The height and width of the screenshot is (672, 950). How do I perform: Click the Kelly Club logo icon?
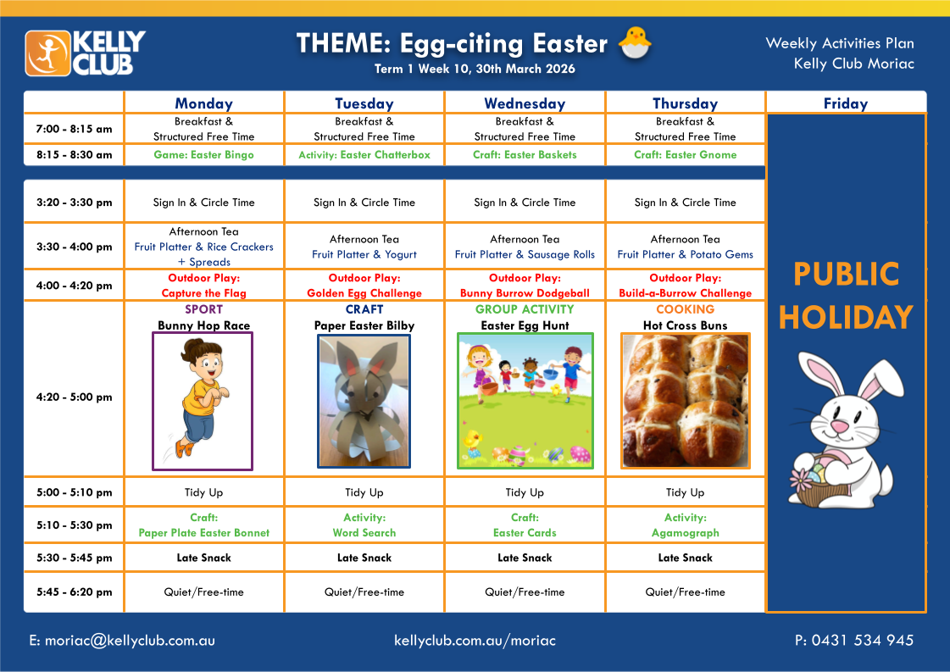point(47,53)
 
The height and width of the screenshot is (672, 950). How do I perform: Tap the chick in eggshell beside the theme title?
point(635,43)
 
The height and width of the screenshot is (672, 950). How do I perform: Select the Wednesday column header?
point(525,103)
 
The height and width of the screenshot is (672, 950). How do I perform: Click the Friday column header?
point(845,103)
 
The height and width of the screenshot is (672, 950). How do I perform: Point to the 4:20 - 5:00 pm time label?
point(74,397)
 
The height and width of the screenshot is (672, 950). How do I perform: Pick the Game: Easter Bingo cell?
point(203,154)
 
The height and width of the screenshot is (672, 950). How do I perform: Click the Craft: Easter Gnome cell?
point(686,154)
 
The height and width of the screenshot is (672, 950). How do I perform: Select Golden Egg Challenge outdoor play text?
point(364,293)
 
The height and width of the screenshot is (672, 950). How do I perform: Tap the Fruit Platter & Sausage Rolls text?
point(525,254)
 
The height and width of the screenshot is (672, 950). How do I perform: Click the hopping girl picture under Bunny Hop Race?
point(203,401)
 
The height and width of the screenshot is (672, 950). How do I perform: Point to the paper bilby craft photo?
point(364,401)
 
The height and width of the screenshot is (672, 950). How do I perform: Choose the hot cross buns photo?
point(686,401)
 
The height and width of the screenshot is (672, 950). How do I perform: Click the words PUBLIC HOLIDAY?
point(846,296)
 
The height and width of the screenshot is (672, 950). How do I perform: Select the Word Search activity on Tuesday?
point(364,533)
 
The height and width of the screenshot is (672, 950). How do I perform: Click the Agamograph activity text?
point(686,533)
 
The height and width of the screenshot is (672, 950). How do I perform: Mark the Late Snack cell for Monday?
point(203,558)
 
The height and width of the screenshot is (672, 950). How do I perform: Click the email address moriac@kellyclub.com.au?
point(130,641)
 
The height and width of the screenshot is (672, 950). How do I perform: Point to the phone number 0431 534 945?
point(862,640)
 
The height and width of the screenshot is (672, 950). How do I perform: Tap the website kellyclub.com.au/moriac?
point(475,641)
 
